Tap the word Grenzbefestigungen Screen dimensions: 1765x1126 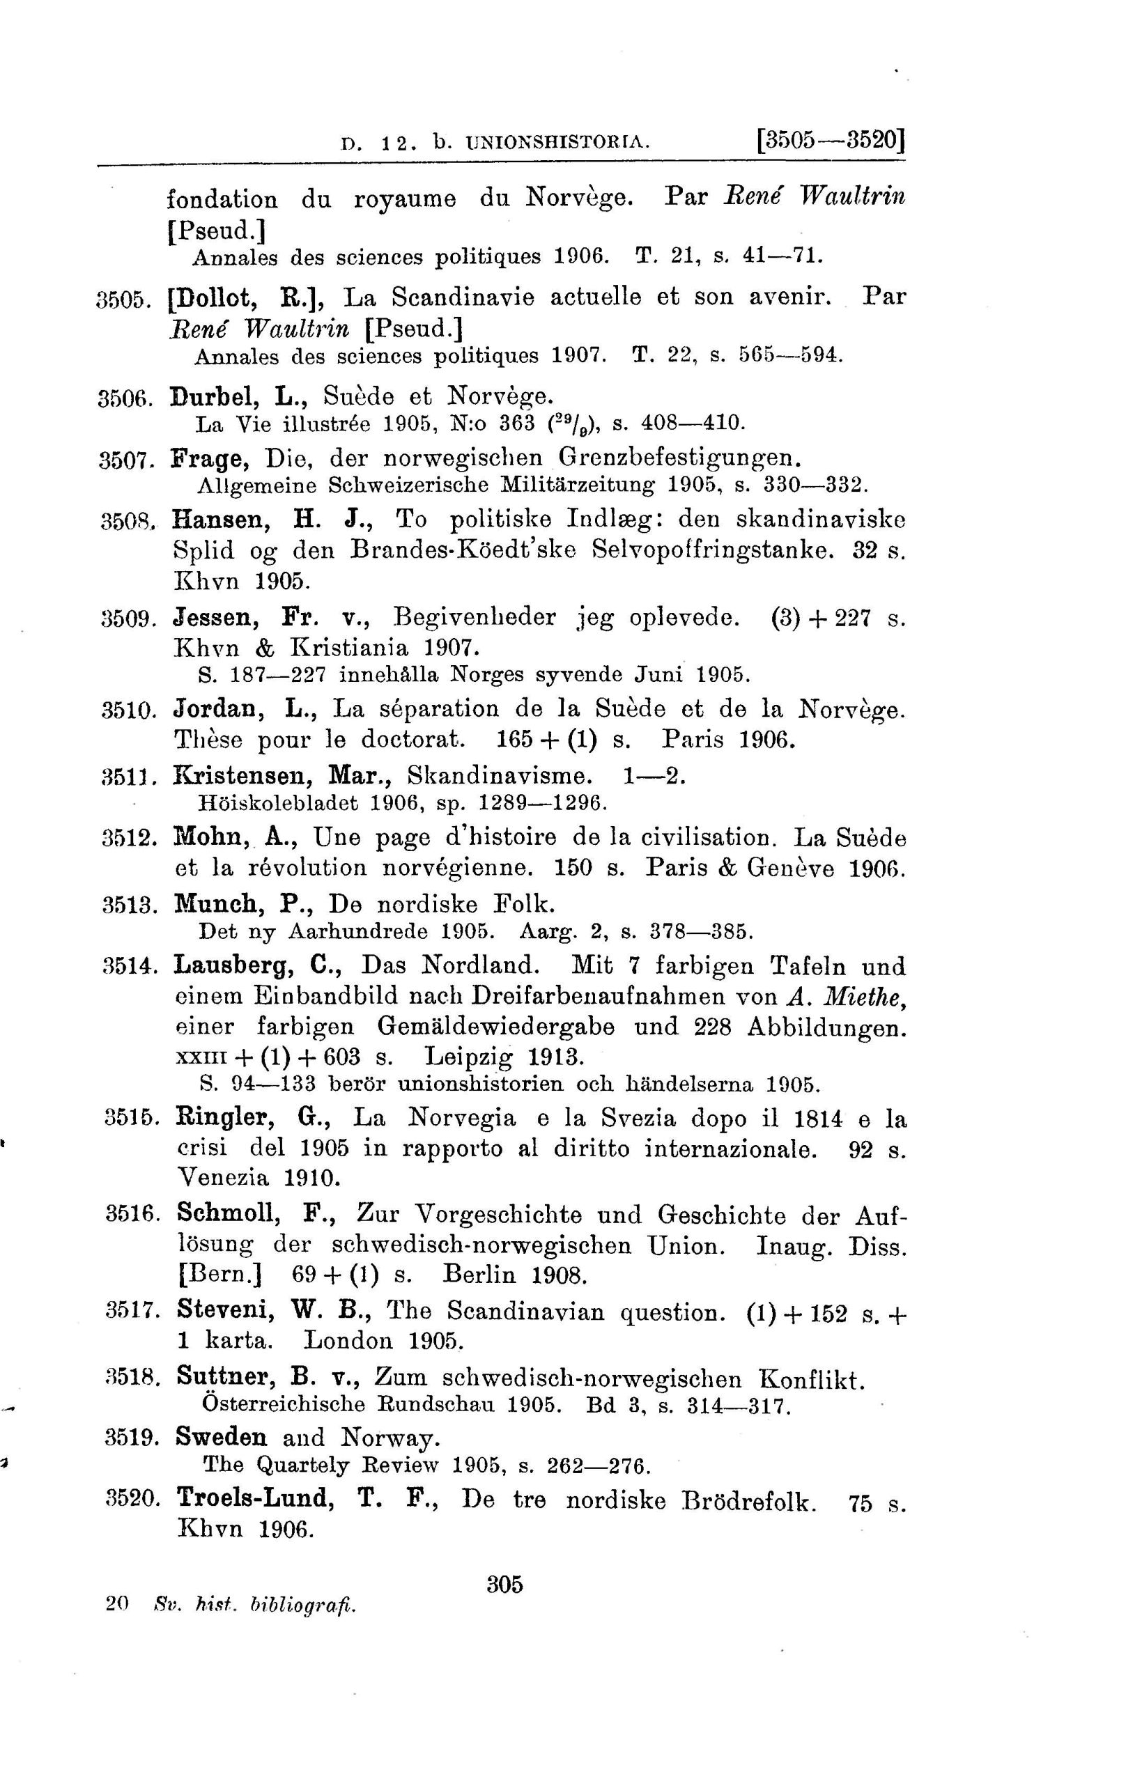click(679, 458)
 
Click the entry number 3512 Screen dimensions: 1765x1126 click(130, 838)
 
